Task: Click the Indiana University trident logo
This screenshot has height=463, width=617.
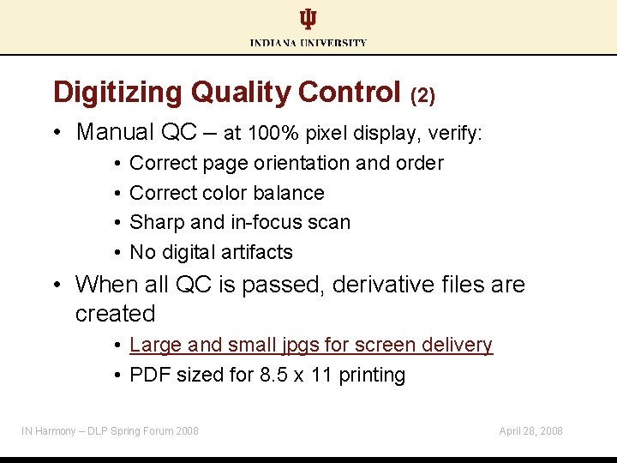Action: pyautogui.click(x=308, y=19)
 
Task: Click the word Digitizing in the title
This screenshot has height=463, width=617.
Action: pyautogui.click(x=118, y=92)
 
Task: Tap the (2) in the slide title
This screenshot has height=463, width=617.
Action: pyautogui.click(x=423, y=94)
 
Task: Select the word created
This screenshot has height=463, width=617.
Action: pyautogui.click(x=115, y=314)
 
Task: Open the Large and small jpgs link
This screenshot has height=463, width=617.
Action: pyautogui.click(x=310, y=345)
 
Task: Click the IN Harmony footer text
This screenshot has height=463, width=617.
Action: pyautogui.click(x=110, y=430)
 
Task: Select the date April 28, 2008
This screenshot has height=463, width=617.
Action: pyautogui.click(x=530, y=430)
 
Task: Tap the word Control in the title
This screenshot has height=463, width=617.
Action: pyautogui.click(x=350, y=92)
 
